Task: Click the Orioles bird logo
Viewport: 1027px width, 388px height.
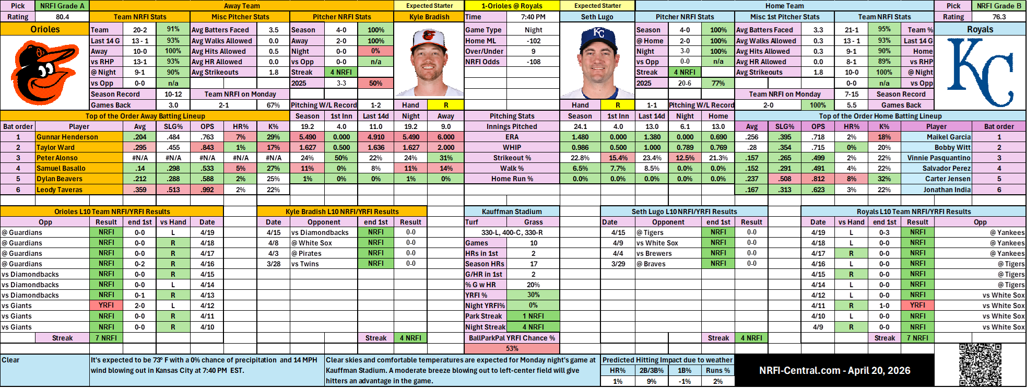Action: (x=44, y=72)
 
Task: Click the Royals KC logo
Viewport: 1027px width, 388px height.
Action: (x=980, y=72)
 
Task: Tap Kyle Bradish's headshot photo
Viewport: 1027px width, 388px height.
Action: (x=429, y=62)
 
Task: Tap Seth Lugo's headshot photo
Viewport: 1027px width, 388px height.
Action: (x=597, y=62)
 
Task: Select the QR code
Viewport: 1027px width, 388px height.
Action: (x=980, y=365)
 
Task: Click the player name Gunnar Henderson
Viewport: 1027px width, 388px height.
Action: (x=67, y=137)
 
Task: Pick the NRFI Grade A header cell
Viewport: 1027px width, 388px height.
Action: (x=62, y=6)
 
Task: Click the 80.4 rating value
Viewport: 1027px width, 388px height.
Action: (x=62, y=17)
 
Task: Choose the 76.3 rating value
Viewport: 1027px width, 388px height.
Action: (x=999, y=17)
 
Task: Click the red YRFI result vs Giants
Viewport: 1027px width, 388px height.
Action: (x=106, y=305)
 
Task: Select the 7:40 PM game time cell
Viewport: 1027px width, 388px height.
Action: (x=533, y=17)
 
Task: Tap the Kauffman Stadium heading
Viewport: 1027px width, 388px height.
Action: (x=512, y=211)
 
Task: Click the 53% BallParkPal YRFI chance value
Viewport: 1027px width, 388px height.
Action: (x=512, y=348)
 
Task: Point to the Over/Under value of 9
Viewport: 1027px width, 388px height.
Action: (x=533, y=51)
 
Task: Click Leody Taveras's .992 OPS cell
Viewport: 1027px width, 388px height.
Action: (x=207, y=190)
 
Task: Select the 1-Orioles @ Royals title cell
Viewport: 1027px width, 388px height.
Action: (x=512, y=6)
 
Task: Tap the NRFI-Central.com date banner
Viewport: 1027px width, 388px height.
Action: (x=834, y=370)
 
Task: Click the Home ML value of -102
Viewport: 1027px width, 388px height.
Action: (x=533, y=41)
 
